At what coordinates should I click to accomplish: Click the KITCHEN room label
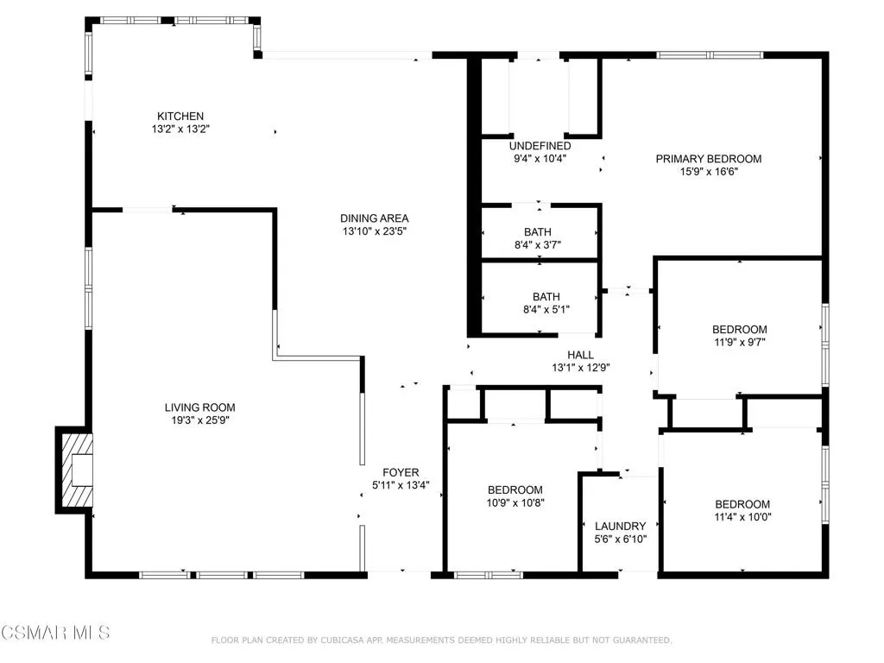click(x=180, y=116)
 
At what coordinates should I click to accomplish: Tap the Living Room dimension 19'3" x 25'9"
click(x=200, y=420)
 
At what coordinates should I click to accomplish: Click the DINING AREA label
click(x=374, y=218)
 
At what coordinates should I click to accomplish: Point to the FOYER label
click(x=401, y=472)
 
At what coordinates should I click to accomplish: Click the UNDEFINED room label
click(x=540, y=146)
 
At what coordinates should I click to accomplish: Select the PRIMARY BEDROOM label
click(x=708, y=158)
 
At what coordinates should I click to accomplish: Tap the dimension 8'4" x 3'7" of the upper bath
click(x=537, y=244)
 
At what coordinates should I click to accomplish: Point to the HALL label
click(x=580, y=355)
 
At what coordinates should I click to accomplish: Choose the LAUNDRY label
click(x=620, y=526)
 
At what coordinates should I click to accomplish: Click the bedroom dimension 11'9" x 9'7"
click(x=739, y=342)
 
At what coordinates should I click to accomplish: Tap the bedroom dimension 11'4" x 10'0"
click(x=742, y=517)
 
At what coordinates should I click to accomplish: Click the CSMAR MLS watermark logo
click(x=55, y=633)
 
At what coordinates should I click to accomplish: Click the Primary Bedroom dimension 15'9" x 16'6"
click(x=708, y=171)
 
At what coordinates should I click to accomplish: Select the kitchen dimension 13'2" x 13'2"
click(x=180, y=129)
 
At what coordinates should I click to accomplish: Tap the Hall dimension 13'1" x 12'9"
click(x=580, y=368)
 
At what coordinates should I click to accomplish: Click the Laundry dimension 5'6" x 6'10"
click(x=620, y=539)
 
